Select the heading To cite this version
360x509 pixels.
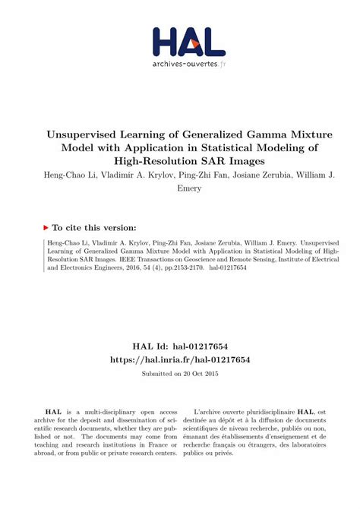(94, 226)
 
